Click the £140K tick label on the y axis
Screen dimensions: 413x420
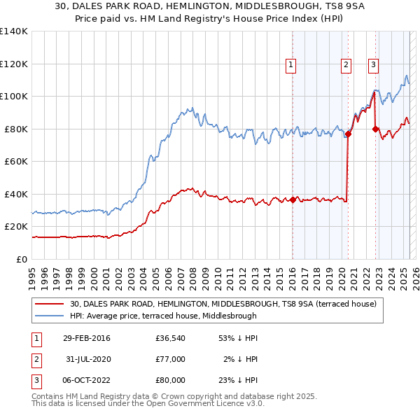(14, 31)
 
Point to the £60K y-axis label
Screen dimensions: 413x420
(17, 161)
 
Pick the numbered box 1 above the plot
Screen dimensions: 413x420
(290, 65)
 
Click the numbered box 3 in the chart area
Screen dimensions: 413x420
(374, 65)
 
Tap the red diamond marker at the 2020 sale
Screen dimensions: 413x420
(348, 134)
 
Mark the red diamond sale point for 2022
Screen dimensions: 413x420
(376, 129)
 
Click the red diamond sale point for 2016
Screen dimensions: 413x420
(293, 199)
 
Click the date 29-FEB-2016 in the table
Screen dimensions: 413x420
(86, 338)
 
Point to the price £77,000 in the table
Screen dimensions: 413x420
(171, 359)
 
